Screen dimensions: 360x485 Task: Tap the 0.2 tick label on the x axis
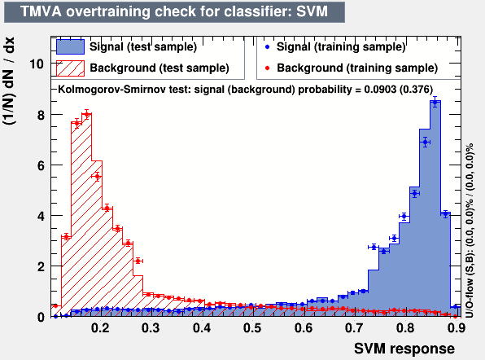pos(100,329)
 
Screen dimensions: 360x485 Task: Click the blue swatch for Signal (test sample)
pos(70,47)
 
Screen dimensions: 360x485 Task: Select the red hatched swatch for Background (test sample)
pos(70,67)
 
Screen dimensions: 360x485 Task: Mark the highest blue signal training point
pos(435,102)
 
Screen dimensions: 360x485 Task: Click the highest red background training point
pos(87,115)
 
